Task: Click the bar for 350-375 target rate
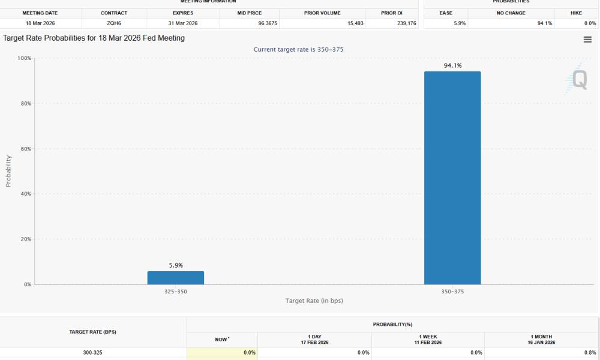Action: point(452,178)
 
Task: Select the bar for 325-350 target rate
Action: point(175,278)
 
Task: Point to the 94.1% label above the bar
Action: point(452,66)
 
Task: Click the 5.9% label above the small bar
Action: point(175,265)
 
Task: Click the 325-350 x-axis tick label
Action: point(175,292)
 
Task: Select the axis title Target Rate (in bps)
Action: point(314,301)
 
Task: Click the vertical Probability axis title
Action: point(8,171)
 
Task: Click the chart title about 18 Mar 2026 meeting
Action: point(94,38)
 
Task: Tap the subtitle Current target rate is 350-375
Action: point(298,49)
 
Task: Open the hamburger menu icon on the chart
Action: point(587,40)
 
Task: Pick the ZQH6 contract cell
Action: point(113,23)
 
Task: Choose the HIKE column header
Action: point(576,13)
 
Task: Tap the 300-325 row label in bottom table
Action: point(93,353)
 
